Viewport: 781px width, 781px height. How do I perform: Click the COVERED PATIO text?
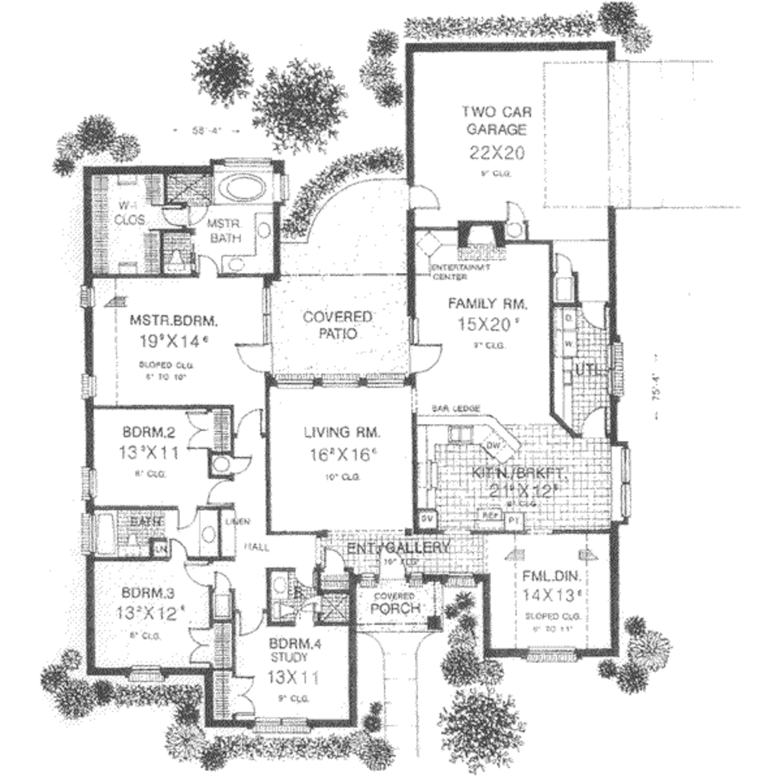point(338,324)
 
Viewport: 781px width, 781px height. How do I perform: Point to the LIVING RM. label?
point(342,432)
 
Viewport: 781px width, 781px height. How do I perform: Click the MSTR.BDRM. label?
point(163,320)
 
